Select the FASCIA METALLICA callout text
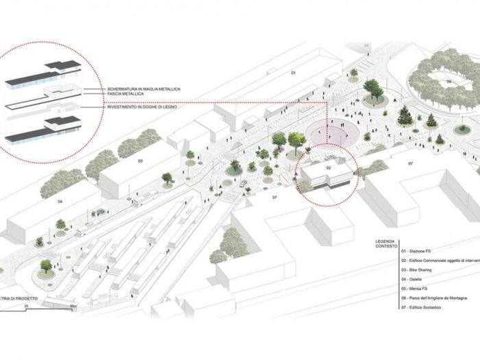pyautogui.click(x=125, y=95)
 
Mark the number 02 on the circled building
pyautogui.click(x=329, y=167)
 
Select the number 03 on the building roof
pyautogui.click(x=139, y=162)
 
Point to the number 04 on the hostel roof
pyautogui.click(x=60, y=202)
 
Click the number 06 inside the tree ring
pyautogui.click(x=449, y=82)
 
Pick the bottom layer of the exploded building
pyautogui.click(x=43, y=130)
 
